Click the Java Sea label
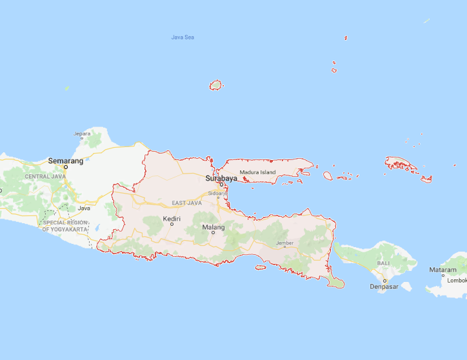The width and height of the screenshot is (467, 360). coord(183,37)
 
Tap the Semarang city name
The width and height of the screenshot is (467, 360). coord(66,161)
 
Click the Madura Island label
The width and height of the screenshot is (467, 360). coord(257,172)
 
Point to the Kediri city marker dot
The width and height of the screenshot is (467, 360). coord(172,225)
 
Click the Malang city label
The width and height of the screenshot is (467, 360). coord(214,227)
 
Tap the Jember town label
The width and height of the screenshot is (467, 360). coord(284,243)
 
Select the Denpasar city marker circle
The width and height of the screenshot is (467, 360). coord(384,281)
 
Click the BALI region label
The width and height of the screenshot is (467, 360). coord(384,264)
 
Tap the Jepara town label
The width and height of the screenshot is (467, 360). coord(83,134)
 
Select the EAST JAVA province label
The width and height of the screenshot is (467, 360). coord(187,203)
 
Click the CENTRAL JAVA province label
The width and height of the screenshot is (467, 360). coord(45,176)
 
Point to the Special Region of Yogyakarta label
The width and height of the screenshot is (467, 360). coord(65,226)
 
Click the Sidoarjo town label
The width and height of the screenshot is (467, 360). coord(217,192)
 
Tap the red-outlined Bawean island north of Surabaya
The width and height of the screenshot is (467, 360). coord(215,85)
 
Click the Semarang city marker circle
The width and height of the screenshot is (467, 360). coord(66,166)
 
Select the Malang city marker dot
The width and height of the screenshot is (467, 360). coord(214,233)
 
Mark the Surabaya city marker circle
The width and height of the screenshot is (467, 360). coord(221,183)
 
